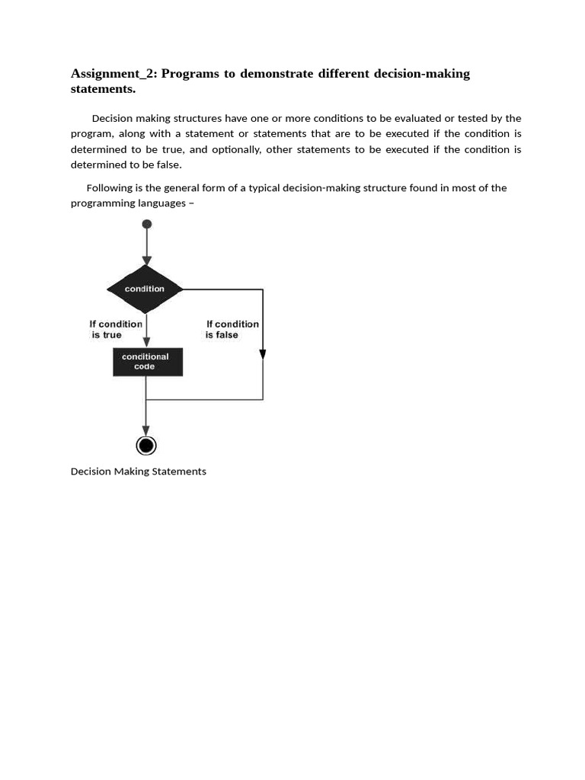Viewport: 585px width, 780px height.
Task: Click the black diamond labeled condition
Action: [x=145, y=289]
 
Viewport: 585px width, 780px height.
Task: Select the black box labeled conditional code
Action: [x=148, y=362]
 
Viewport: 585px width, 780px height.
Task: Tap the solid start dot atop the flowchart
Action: [x=147, y=224]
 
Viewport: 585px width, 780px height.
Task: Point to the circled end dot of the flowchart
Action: [x=146, y=446]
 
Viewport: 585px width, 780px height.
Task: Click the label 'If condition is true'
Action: [x=116, y=329]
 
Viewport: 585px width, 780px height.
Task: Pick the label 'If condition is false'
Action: [x=232, y=329]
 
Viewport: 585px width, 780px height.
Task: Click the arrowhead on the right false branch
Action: [x=263, y=354]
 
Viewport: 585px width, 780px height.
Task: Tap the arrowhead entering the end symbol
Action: [x=146, y=431]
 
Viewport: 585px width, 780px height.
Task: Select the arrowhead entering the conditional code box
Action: [x=147, y=342]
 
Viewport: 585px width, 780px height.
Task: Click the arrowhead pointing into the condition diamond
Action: [x=147, y=261]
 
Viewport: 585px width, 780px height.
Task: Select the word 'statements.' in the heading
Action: [x=103, y=89]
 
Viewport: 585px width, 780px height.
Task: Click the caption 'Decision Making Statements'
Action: [x=139, y=472]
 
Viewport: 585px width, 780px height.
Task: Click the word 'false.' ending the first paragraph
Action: [x=168, y=165]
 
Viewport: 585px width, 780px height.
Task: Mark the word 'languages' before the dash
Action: [x=161, y=203]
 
